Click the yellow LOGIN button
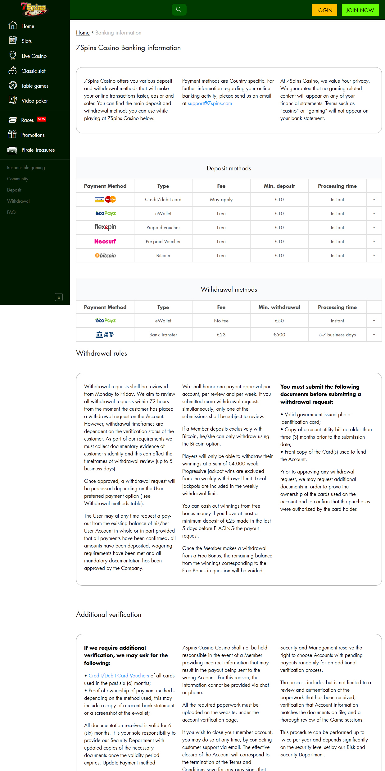point(324,10)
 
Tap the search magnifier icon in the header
point(179,9)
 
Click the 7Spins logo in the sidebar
point(34,9)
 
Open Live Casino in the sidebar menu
point(34,56)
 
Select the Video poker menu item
point(34,101)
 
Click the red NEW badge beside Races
point(42,119)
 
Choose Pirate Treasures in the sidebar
point(38,150)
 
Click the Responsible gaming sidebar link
point(26,168)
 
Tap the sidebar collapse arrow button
point(59,297)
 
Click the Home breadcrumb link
point(83,33)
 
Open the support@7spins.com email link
point(210,103)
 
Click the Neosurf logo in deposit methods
point(105,241)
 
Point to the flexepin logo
point(105,227)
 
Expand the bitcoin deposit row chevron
point(374,255)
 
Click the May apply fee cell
point(221,200)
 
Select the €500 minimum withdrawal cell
point(279,335)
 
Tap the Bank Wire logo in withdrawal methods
point(105,335)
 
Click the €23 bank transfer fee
point(221,335)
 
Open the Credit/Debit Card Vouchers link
point(119,676)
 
